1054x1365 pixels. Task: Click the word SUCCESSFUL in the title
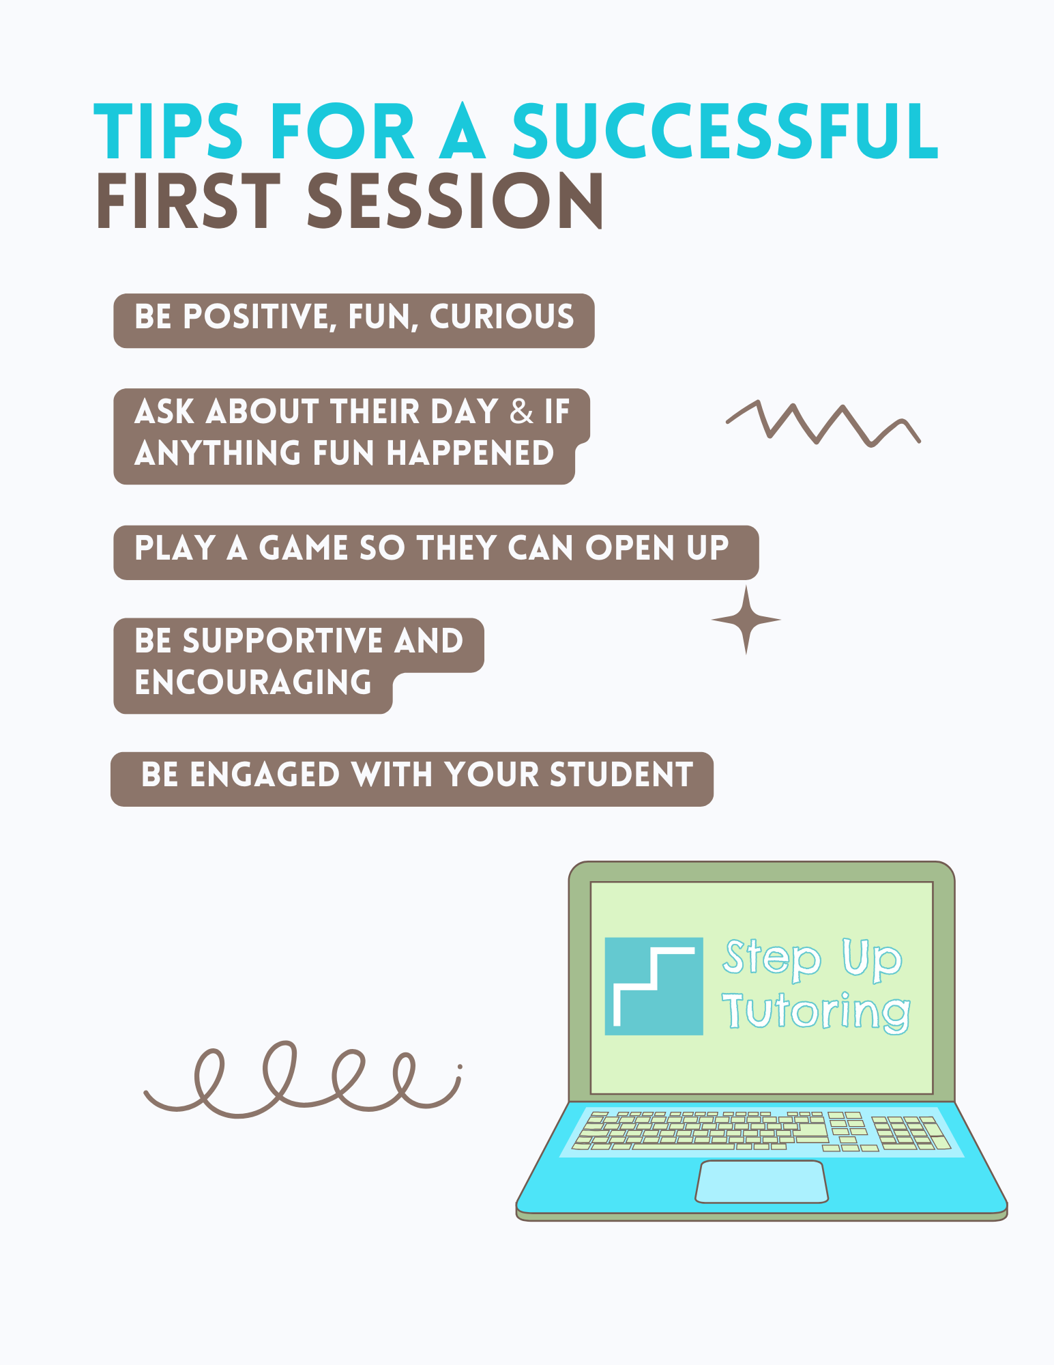(x=725, y=131)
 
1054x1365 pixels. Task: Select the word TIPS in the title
(x=168, y=131)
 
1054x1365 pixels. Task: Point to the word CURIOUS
(x=501, y=317)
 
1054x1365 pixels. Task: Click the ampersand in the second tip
(x=522, y=412)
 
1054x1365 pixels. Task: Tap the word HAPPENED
(x=470, y=453)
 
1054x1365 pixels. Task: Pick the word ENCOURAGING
(x=253, y=682)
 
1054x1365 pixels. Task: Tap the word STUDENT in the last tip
(x=621, y=775)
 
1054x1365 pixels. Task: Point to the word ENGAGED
(x=265, y=775)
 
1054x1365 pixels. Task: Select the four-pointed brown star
(x=746, y=620)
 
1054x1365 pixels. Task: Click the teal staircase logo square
(x=654, y=986)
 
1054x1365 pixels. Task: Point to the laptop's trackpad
(x=761, y=1181)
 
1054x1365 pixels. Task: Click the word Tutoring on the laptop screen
(x=816, y=1011)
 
